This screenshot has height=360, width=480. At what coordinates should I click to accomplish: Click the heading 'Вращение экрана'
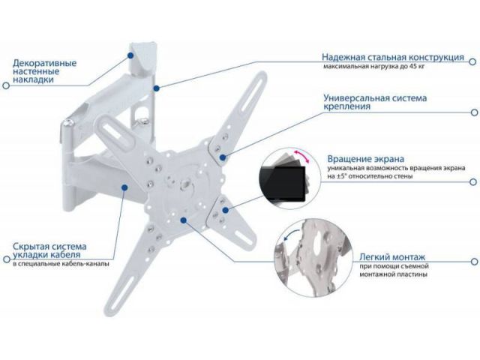(x=365, y=159)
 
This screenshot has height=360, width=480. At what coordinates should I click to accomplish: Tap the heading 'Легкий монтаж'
(x=392, y=256)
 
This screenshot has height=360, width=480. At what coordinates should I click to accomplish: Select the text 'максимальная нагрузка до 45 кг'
(x=373, y=66)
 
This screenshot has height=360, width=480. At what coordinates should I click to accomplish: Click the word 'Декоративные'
(x=44, y=64)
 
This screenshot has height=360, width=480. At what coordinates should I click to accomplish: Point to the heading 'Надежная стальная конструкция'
(x=393, y=57)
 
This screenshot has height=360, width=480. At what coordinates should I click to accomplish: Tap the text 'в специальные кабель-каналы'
(x=61, y=264)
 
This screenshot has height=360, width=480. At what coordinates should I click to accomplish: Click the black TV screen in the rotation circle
(x=282, y=184)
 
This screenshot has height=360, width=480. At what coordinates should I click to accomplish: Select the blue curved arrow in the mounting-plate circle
(x=290, y=235)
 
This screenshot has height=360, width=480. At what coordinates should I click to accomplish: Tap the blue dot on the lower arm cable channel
(x=124, y=187)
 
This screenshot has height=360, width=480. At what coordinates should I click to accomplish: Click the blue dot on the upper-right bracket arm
(x=223, y=157)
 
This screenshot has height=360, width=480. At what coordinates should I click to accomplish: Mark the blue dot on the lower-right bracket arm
(x=225, y=210)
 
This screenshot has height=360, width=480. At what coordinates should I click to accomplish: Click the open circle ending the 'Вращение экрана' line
(x=473, y=181)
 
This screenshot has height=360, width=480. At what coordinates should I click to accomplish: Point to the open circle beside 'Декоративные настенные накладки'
(x=6, y=85)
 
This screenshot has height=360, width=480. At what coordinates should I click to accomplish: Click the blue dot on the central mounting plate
(x=183, y=220)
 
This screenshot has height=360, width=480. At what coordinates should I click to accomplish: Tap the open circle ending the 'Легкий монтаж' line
(x=474, y=262)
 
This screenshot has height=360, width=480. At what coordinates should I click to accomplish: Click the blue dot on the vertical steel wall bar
(x=157, y=88)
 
